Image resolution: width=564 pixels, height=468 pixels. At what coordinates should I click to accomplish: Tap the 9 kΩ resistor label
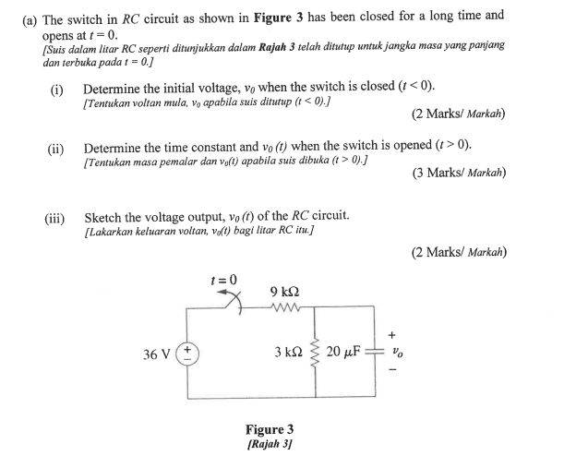click(x=282, y=292)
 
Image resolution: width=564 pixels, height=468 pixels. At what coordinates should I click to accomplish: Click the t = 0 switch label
click(x=223, y=279)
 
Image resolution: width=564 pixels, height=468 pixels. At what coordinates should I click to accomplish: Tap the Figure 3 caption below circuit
click(x=270, y=429)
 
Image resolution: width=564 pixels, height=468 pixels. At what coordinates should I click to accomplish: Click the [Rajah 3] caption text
click(x=270, y=444)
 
